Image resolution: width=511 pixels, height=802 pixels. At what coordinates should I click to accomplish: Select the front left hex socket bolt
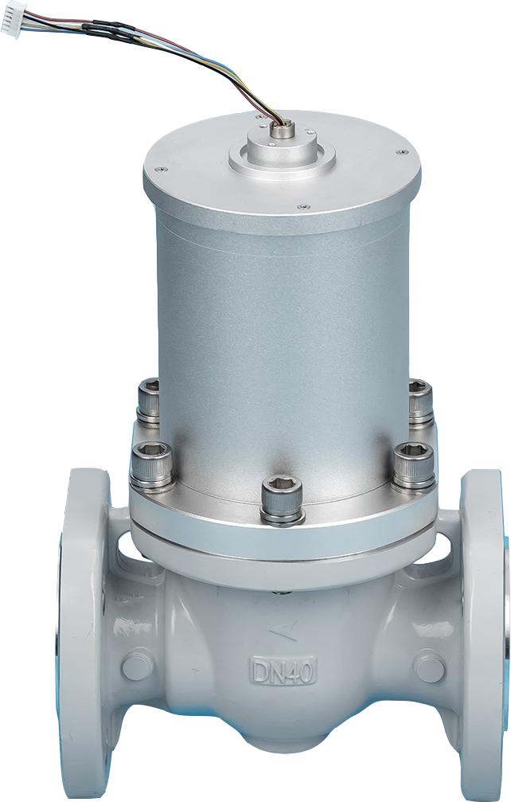pos(149,463)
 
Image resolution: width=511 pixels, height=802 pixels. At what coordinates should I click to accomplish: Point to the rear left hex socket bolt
pos(149,401)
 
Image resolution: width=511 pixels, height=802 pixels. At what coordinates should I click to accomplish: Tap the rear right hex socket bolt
pos(420,401)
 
